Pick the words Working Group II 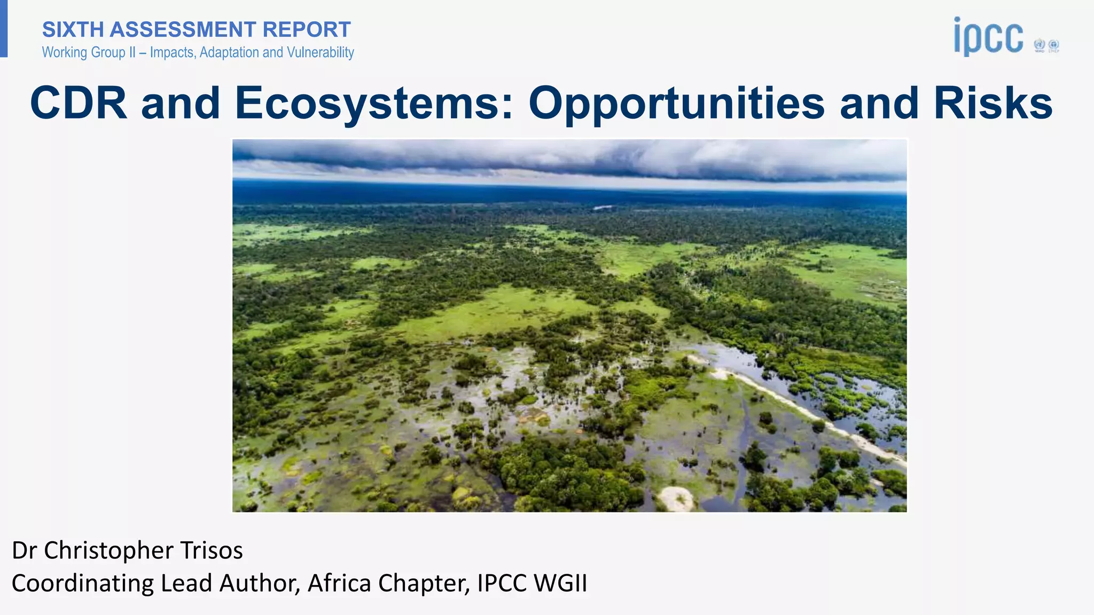pos(87,52)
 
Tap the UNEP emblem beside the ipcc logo pos(1054,45)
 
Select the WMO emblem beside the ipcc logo pos(1039,45)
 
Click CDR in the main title pos(79,102)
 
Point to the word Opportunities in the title pos(676,102)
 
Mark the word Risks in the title pos(993,102)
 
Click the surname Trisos pos(212,550)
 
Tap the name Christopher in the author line pos(108,550)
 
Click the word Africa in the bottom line pos(339,583)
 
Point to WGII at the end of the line pos(560,583)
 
